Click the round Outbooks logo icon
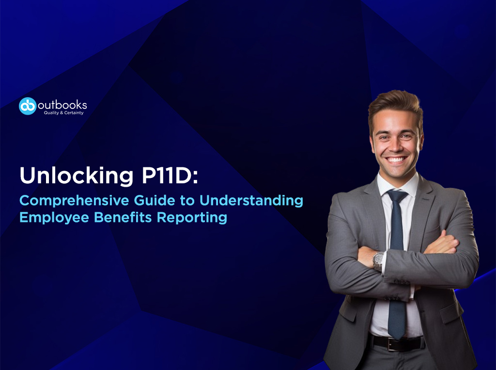pyautogui.click(x=28, y=106)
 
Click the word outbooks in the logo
pyautogui.click(x=63, y=104)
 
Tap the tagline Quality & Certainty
pyautogui.click(x=63, y=113)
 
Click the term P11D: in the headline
pyautogui.click(x=170, y=176)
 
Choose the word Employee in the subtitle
pyautogui.click(x=53, y=217)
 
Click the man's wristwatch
pyautogui.click(x=378, y=262)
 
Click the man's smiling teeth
pyautogui.click(x=396, y=159)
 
